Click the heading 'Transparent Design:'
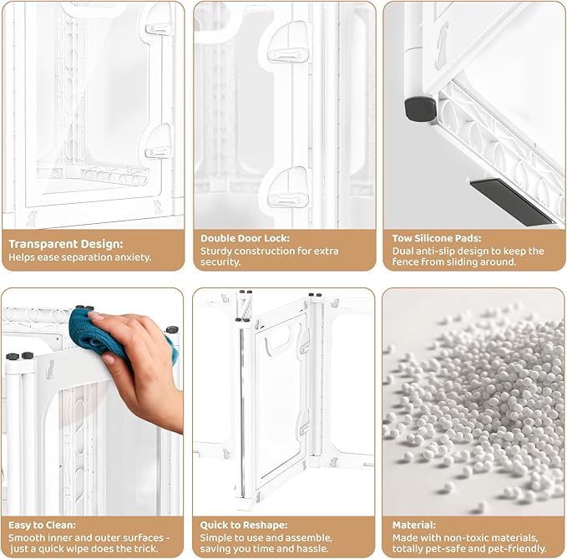(x=65, y=244)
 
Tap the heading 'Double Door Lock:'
(x=246, y=238)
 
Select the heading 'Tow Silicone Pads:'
(x=437, y=238)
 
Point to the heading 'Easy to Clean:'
(x=42, y=525)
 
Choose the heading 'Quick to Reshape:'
(x=244, y=525)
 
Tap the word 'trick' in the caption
(x=145, y=548)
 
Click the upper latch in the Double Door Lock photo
(x=287, y=48)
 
